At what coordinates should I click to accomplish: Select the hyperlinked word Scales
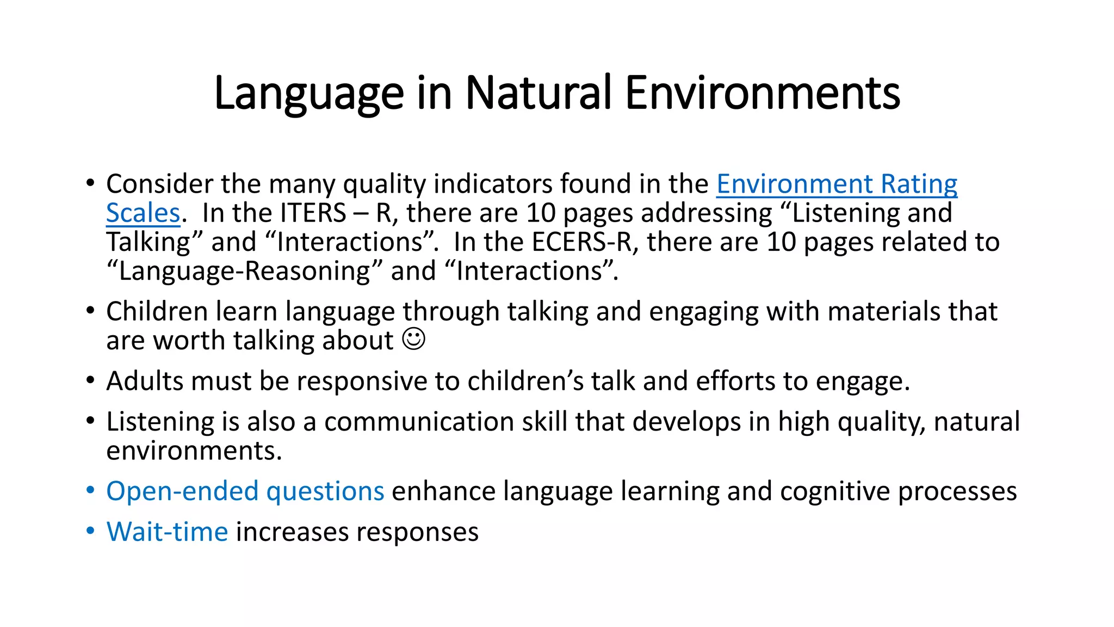pos(143,213)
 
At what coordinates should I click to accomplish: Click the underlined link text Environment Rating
pos(837,184)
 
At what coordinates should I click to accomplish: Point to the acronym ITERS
pos(313,213)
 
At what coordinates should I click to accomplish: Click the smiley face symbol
pos(413,339)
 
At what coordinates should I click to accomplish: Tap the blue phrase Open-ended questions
pos(245,491)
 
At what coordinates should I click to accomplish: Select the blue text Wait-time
pos(167,531)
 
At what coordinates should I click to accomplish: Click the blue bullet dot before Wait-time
pos(90,531)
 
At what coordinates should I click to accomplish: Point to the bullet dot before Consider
pos(90,183)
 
